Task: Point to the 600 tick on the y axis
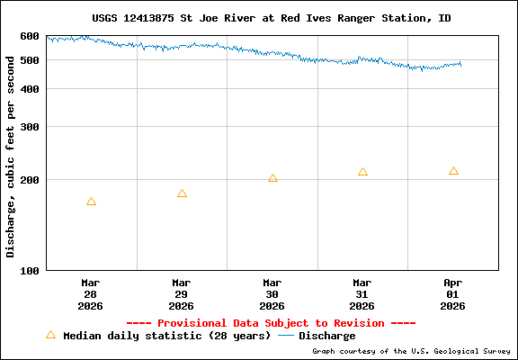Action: tap(30, 36)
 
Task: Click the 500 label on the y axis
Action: tap(30, 60)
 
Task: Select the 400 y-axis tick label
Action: tap(30, 89)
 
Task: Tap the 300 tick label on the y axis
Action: tap(30, 127)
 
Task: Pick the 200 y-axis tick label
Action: tap(30, 180)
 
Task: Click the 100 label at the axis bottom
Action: tap(30, 270)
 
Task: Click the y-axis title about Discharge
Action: tap(11, 153)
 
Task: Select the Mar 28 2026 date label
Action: tap(91, 293)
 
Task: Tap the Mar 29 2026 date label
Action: tap(182, 293)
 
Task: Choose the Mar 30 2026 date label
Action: tap(272, 293)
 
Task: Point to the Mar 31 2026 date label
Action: tap(362, 293)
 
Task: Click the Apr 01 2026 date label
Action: tap(453, 293)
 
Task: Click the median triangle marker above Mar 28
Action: tap(91, 202)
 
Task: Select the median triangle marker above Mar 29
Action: tap(182, 193)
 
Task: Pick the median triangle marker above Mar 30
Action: tap(272, 178)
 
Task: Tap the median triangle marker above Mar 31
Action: tap(362, 172)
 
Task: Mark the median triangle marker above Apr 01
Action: tap(453, 171)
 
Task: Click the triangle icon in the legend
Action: tap(50, 335)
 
